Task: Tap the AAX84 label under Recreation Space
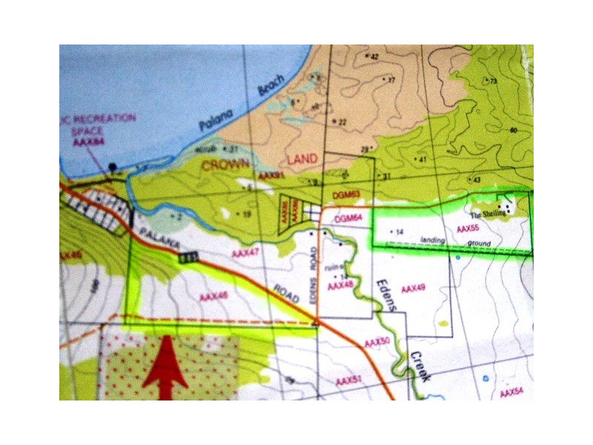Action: (x=88, y=142)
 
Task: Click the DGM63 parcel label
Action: (x=346, y=194)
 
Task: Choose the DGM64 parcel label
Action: (x=348, y=218)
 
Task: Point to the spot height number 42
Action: (x=374, y=56)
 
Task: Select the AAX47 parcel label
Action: (x=245, y=254)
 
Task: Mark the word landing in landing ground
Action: (x=434, y=240)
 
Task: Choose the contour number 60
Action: (x=513, y=131)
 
